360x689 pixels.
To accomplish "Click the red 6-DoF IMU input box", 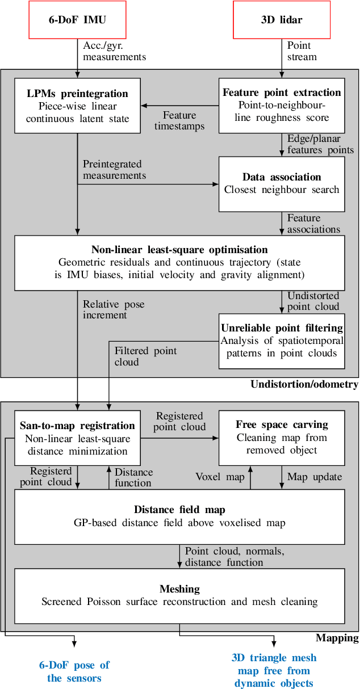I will pyautogui.click(x=77, y=19).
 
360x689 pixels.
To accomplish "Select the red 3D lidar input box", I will pyautogui.click(x=282, y=19).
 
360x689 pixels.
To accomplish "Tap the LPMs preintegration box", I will pyautogui.click(x=77, y=106).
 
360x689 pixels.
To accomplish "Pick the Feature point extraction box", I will pyautogui.click(x=282, y=105).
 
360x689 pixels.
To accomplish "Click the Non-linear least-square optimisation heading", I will pyautogui.click(x=179, y=250).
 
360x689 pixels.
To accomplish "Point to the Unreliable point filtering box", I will pyautogui.click(x=282, y=341).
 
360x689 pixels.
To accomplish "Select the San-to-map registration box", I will pyautogui.click(x=77, y=438).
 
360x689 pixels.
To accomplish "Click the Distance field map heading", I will pyautogui.click(x=179, y=509).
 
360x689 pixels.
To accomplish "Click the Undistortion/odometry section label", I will pyautogui.click(x=304, y=385).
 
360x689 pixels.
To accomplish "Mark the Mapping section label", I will pyautogui.click(x=337, y=638).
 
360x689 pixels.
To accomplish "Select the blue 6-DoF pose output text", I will pyautogui.click(x=74, y=671).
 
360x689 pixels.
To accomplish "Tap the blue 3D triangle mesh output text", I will pyautogui.click(x=274, y=670).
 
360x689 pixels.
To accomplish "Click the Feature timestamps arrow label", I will pyautogui.click(x=179, y=120).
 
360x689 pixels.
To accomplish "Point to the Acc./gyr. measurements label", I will pyautogui.click(x=115, y=51).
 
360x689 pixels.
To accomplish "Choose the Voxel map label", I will pyautogui.click(x=220, y=477).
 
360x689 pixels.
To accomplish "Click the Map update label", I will pyautogui.click(x=315, y=477).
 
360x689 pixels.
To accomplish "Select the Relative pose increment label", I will pyautogui.click(x=114, y=309).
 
